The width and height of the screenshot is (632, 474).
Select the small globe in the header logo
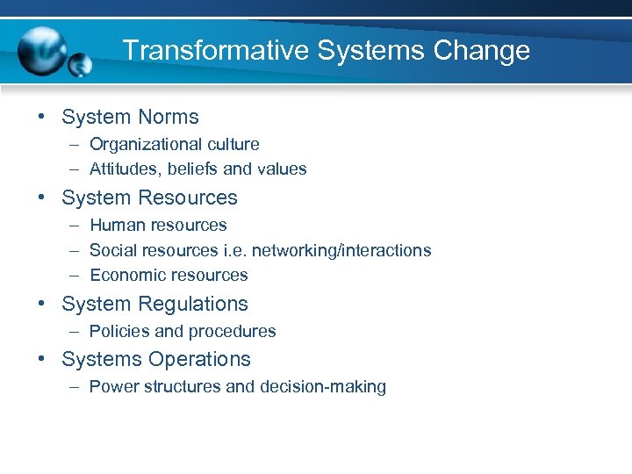point(80,65)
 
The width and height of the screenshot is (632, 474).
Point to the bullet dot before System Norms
point(43,117)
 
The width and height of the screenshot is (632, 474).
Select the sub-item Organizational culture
point(174,144)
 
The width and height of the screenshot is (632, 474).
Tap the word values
point(284,169)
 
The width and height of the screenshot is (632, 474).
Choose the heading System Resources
point(149,197)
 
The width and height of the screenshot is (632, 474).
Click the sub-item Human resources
point(158,226)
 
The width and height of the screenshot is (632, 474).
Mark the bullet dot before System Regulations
point(43,304)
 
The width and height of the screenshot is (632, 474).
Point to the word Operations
point(199,359)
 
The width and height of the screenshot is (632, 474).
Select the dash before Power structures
point(71,386)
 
